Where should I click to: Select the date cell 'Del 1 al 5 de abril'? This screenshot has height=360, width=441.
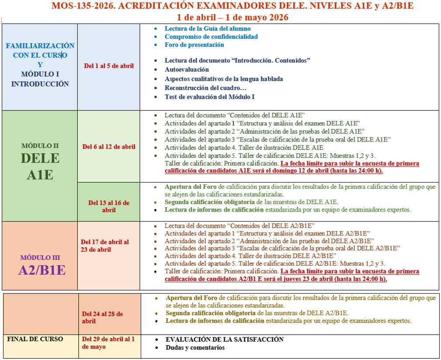coord(109,66)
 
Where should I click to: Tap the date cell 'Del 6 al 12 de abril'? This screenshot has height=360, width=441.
coord(109,147)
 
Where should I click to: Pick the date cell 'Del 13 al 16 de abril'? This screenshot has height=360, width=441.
coord(109,206)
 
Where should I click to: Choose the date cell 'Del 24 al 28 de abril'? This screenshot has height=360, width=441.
coord(103,317)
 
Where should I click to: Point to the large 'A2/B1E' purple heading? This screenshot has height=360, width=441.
coord(42,270)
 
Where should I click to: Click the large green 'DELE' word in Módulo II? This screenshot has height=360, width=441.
coord(40,158)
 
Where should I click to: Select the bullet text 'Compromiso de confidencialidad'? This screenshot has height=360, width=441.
coord(211,37)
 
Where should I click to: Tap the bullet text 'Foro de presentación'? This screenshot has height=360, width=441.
coord(194,45)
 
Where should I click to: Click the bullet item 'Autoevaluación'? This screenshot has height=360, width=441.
coord(187,69)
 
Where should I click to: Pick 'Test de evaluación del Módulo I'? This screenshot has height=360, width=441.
coord(209,97)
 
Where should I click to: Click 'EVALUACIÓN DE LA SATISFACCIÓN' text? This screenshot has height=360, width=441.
coord(225,339)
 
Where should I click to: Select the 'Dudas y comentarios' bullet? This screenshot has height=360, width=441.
coord(195,348)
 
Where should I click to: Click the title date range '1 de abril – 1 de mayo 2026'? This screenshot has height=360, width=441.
coord(233,17)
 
